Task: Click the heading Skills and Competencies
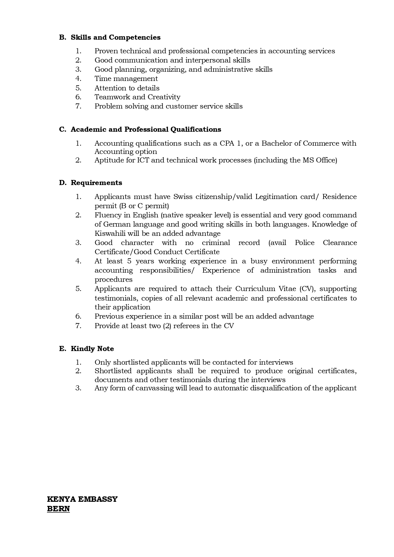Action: [116, 37]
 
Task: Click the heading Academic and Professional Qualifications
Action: [146, 129]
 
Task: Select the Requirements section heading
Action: [96, 183]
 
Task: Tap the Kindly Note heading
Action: [92, 348]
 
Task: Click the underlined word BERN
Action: [58, 509]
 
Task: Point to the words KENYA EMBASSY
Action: [82, 499]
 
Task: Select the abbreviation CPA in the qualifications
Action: [227, 143]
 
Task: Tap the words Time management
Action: [126, 79]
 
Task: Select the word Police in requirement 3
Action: [304, 243]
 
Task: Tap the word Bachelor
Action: [276, 143]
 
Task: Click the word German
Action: [108, 224]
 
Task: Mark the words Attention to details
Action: [127, 88]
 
